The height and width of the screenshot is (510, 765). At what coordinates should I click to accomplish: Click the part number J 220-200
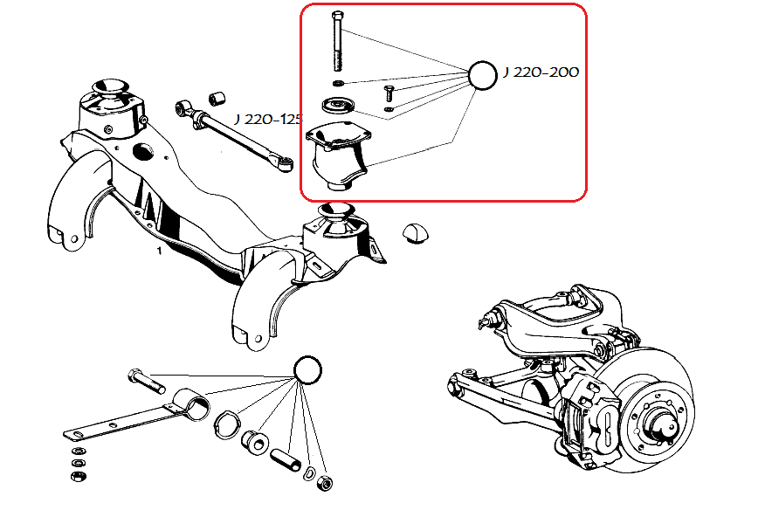(x=541, y=72)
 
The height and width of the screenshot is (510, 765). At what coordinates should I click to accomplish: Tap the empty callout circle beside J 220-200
(x=483, y=75)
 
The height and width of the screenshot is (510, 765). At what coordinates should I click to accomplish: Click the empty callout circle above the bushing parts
(x=307, y=370)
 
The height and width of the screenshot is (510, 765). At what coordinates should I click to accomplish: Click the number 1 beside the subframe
(x=160, y=251)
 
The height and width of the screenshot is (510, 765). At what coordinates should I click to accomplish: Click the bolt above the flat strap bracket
(x=145, y=380)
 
